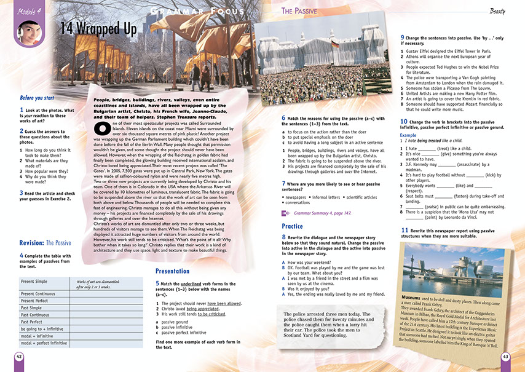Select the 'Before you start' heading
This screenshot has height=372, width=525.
(x=37, y=98)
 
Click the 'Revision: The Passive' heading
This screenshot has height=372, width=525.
(x=45, y=243)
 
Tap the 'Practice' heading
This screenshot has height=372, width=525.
(x=292, y=226)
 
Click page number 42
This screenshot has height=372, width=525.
(x=19, y=356)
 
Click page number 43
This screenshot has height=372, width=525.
(x=505, y=356)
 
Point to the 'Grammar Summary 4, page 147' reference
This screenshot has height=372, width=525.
(x=324, y=212)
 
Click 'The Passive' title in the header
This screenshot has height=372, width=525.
(x=299, y=10)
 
